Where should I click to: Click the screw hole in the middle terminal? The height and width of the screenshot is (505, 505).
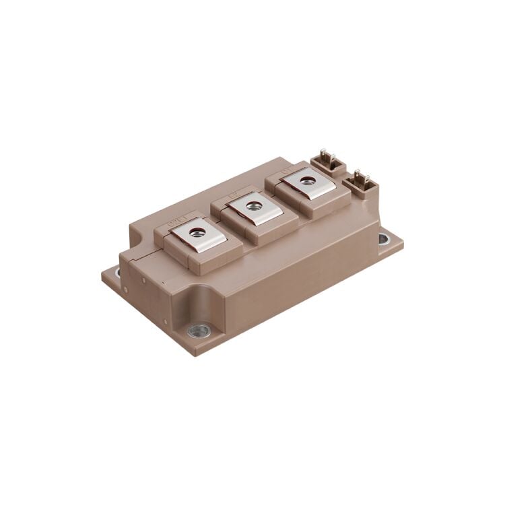click(x=254, y=206)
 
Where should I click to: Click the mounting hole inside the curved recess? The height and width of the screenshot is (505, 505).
click(x=199, y=330)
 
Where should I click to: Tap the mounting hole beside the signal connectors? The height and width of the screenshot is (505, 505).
click(x=383, y=238)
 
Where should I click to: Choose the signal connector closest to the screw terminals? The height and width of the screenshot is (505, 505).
click(x=328, y=164)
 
